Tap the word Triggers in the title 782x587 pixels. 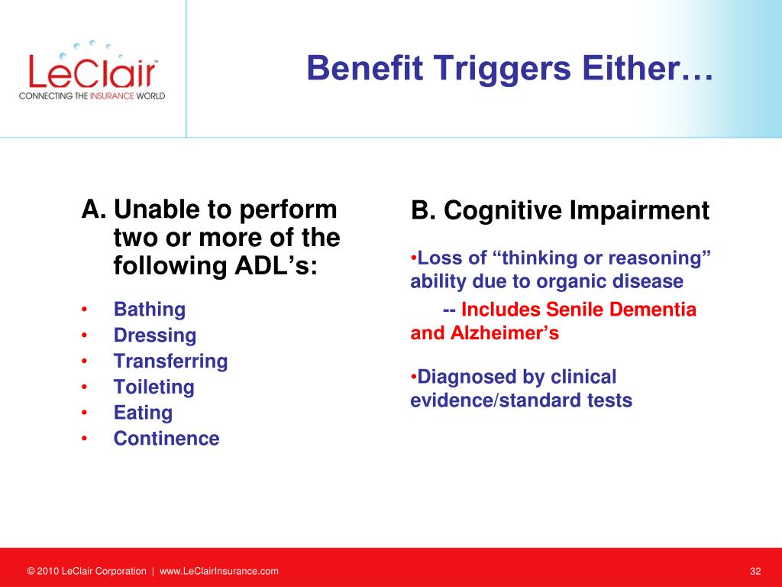[x=502, y=68]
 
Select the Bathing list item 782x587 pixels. [x=150, y=310]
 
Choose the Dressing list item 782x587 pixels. [x=155, y=336]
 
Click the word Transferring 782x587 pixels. [x=170, y=361]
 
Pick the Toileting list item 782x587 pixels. [x=154, y=387]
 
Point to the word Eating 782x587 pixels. [x=143, y=413]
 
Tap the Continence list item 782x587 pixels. [x=166, y=438]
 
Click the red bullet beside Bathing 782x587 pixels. [x=84, y=310]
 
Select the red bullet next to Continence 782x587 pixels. [x=84, y=439]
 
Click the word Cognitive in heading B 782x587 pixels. [x=504, y=210]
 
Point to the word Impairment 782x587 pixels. [x=639, y=210]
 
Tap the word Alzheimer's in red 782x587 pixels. [x=505, y=333]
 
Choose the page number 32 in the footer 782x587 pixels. [x=755, y=571]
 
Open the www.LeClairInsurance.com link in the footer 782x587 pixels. [x=219, y=571]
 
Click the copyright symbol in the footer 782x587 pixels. [x=31, y=571]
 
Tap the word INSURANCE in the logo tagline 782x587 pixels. [x=112, y=96]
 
